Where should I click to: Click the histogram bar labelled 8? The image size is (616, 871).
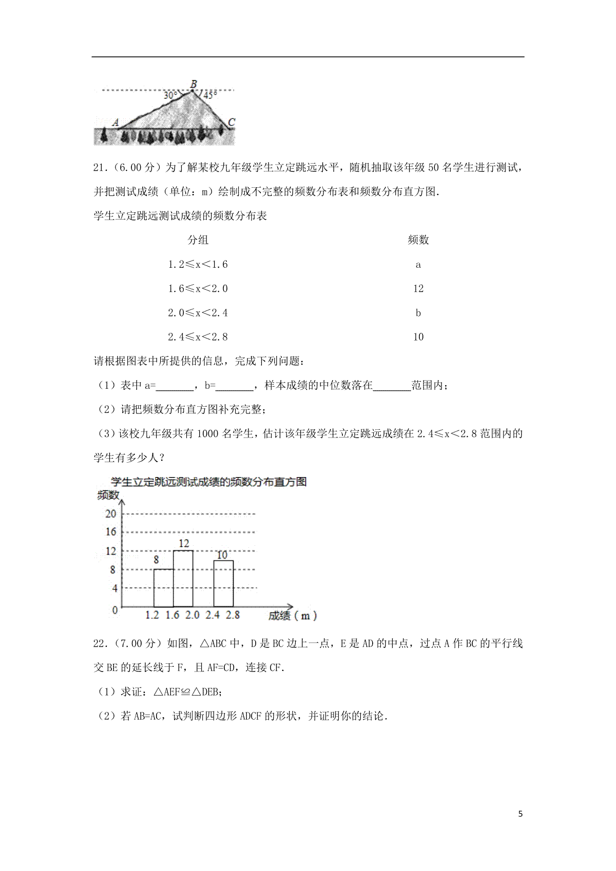pos(163,588)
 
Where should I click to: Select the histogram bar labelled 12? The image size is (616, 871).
pos(183,579)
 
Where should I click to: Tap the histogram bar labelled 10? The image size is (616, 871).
pos(223,583)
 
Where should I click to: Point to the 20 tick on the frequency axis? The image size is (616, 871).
pos(111,513)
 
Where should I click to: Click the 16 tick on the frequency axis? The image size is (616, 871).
pos(111,532)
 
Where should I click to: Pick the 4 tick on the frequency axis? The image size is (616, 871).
pos(114,588)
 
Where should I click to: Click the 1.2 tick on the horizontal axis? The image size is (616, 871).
pos(152,615)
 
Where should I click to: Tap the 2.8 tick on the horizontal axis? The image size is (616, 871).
pos(233,615)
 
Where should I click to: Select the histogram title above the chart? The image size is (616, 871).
pos(208,482)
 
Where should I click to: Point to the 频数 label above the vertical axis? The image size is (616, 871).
pos(108,495)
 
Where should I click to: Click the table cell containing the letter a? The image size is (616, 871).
pos(418,265)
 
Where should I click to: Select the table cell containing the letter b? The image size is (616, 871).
pos(418,313)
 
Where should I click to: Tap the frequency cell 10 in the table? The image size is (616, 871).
pos(418,337)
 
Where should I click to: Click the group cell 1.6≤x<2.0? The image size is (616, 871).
pos(198,289)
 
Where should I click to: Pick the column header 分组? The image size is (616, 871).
pos(198,240)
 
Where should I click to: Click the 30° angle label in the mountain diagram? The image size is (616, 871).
pos(170,95)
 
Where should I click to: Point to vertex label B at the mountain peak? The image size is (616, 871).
pos(193,84)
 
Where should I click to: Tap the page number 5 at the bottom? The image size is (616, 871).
pos(521,814)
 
